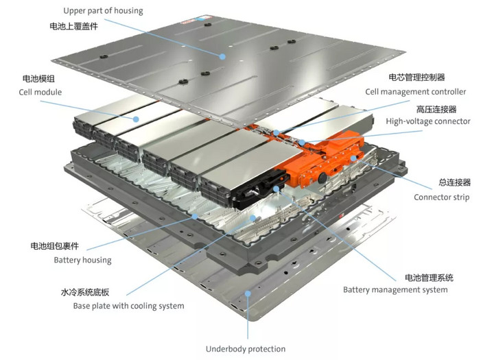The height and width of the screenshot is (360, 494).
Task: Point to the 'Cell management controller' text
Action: click(415, 91)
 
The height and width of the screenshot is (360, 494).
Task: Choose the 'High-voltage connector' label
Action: click(427, 121)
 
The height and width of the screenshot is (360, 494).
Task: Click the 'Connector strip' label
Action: click(441, 197)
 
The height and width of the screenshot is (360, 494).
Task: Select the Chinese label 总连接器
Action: click(454, 182)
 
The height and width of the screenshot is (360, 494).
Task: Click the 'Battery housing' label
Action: click(82, 260)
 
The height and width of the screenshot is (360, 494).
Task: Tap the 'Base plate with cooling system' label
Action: click(128, 305)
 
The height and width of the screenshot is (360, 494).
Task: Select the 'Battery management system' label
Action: click(395, 289)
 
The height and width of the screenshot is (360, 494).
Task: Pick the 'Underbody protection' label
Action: click(246, 348)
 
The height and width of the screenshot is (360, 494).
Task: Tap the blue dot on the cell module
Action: click(137, 119)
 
